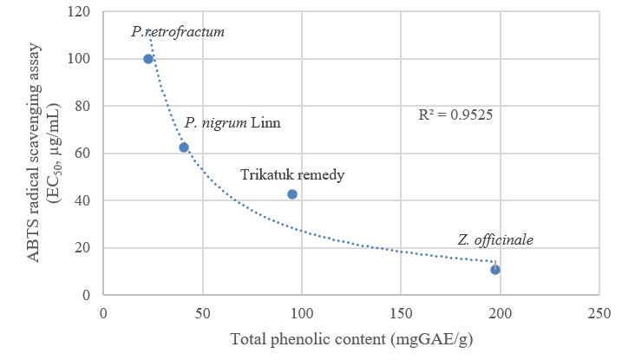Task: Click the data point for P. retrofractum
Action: coord(148,59)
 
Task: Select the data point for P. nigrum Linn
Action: coord(184,147)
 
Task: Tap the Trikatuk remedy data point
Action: coord(292,194)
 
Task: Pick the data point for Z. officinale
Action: coord(495,270)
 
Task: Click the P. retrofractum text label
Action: coord(178,32)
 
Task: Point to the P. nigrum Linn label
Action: coord(232,122)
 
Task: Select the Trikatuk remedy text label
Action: coord(292,175)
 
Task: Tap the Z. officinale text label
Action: coord(495,240)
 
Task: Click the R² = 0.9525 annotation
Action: coord(455,114)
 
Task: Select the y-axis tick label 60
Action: coord(83,154)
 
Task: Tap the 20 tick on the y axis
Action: coord(83,248)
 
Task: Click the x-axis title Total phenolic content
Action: coord(350,338)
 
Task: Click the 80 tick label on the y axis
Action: coord(83,107)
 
